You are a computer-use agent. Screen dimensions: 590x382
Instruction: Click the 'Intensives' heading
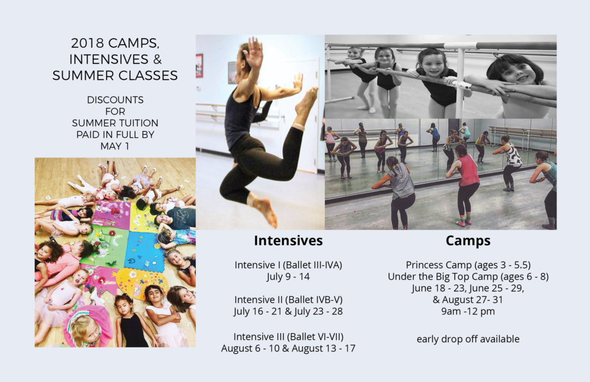pos(288,240)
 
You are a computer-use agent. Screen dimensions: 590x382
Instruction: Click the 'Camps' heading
pos(468,241)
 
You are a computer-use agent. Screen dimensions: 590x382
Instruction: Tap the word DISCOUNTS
pos(115,100)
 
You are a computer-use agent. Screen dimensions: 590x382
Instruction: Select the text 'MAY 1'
pos(115,146)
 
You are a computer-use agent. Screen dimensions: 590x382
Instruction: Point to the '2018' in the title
pos(88,43)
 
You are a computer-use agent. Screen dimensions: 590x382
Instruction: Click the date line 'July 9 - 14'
pos(288,277)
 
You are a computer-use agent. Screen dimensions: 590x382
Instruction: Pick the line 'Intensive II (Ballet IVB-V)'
pos(288,300)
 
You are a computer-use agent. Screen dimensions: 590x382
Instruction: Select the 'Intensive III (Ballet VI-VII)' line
pos(288,336)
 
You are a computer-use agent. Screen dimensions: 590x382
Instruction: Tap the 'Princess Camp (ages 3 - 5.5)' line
pos(468,265)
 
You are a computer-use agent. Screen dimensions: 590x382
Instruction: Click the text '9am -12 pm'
pos(468,311)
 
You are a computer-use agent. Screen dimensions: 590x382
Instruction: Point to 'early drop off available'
pos(468,339)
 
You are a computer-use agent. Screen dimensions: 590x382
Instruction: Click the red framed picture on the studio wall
pos(199,66)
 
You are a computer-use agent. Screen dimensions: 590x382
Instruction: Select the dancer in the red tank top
pos(464,184)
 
